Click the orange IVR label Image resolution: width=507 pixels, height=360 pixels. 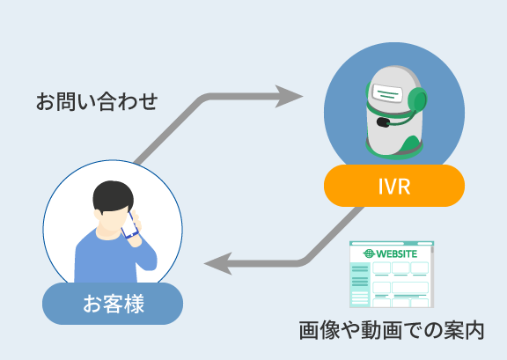pos(394,186)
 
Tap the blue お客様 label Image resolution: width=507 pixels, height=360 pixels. pos(113,304)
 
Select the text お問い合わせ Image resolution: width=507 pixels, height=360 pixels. pos(97,101)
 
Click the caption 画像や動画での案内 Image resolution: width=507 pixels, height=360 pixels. pos(391,331)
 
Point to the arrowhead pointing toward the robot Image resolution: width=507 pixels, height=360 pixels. pos(288,97)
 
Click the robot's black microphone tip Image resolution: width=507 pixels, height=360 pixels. pos(383,122)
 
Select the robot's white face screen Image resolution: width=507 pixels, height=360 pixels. pos(388,92)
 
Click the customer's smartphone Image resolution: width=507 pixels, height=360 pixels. pos(129,225)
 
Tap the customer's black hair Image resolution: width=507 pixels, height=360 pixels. pos(113,196)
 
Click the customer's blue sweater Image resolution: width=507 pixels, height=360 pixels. pos(115,258)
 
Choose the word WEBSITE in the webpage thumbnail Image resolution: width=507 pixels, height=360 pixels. pos(397,253)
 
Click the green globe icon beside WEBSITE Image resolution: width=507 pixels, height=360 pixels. pos(369,253)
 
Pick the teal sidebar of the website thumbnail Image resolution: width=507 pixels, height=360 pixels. pos(360,283)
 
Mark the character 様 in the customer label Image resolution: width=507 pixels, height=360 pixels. pos(134,304)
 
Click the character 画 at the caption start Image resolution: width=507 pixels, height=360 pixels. pos(309,331)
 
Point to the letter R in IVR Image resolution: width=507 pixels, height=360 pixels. pos(404,187)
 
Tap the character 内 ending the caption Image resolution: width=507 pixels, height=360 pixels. pos(474,331)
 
